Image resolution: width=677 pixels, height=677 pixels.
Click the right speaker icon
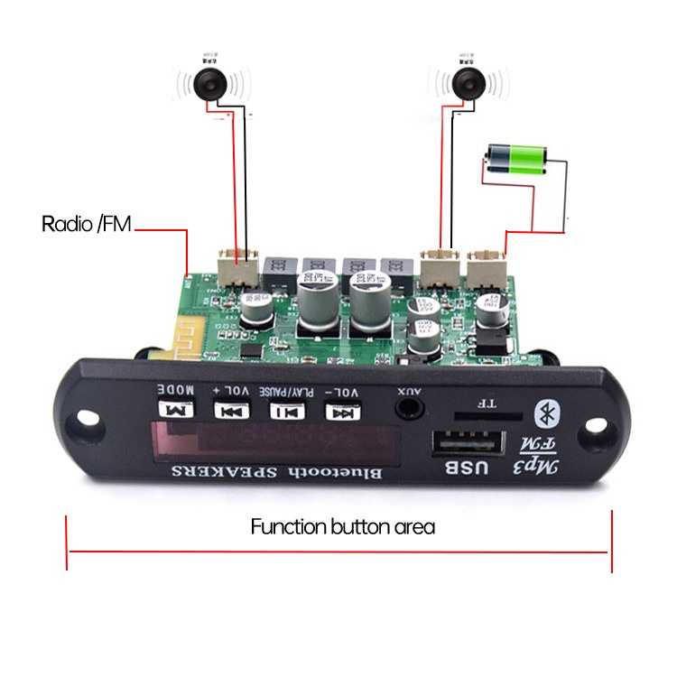click(467, 85)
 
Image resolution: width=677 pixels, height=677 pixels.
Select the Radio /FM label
click(87, 224)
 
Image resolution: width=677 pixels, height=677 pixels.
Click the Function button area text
click(342, 527)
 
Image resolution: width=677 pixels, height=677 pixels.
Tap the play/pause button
click(284, 412)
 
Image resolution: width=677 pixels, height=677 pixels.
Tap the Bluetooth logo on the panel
click(545, 413)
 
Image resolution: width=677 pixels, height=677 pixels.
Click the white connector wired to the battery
click(488, 267)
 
